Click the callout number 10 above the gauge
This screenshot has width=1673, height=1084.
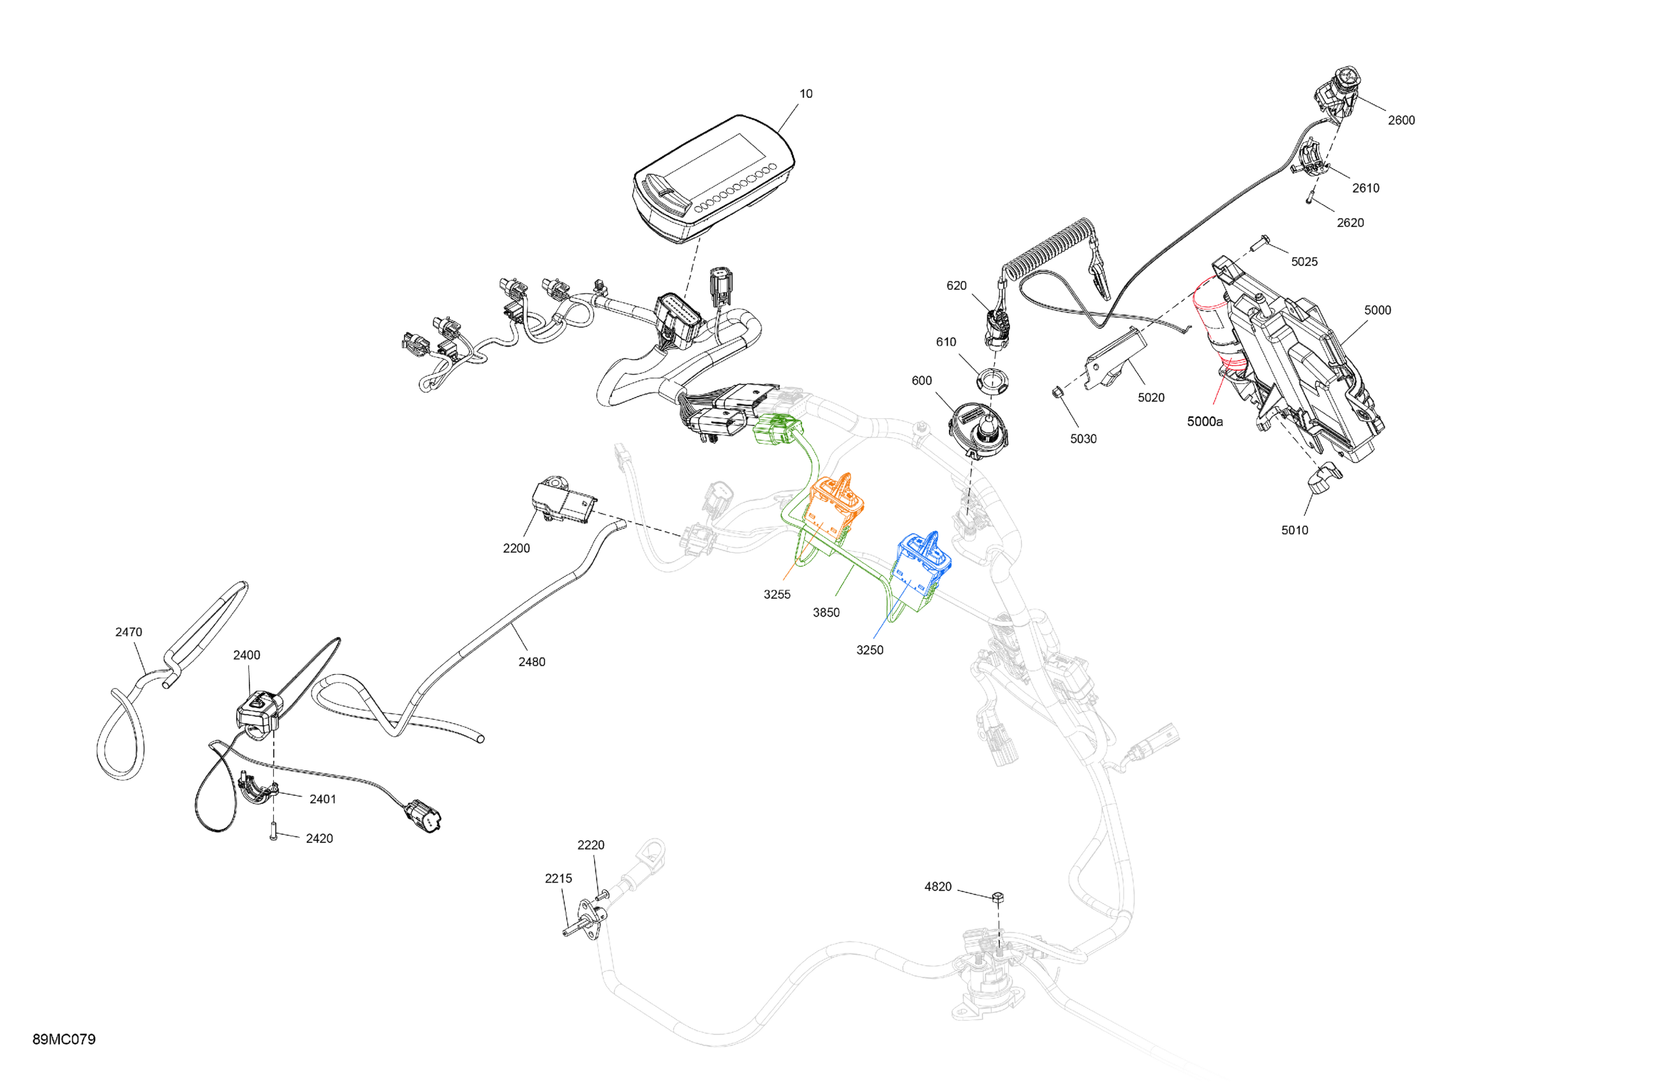(x=806, y=94)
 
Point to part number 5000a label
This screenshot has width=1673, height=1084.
(x=1204, y=421)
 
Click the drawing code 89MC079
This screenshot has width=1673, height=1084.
(x=64, y=1039)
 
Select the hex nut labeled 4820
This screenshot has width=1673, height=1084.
(x=997, y=897)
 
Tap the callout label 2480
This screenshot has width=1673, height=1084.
(x=532, y=662)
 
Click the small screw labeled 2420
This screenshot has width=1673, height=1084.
(x=274, y=833)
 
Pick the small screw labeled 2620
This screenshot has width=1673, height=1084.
(x=1309, y=200)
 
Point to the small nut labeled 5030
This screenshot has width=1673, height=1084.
(x=1057, y=392)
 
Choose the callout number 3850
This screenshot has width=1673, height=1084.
(x=826, y=613)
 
